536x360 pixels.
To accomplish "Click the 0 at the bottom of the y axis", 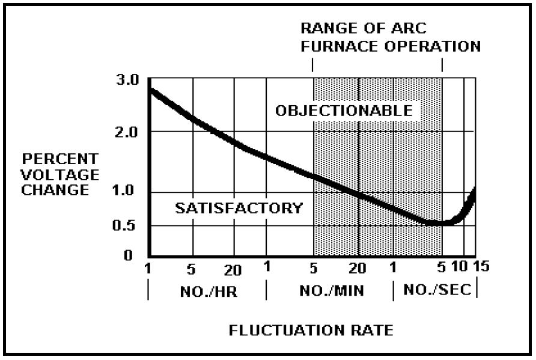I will (x=128, y=255).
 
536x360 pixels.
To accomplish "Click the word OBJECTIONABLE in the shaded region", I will (x=344, y=111).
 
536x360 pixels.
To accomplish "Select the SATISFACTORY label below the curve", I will (x=239, y=209).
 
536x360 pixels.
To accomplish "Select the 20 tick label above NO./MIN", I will (x=358, y=268).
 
